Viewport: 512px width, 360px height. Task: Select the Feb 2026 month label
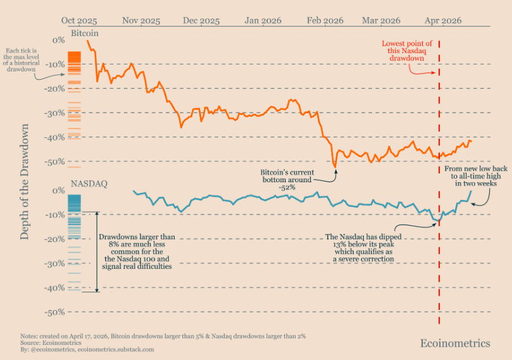[325, 20]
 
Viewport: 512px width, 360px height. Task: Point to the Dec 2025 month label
[201, 20]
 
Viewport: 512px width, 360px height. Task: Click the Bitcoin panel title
[84, 32]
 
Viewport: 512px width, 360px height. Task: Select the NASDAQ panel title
[89, 183]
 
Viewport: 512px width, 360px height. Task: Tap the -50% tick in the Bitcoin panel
[57, 161]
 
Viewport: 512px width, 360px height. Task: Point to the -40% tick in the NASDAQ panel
[57, 288]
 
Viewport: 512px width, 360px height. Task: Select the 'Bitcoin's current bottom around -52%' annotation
[286, 180]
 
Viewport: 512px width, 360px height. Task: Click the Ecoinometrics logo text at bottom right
[455, 344]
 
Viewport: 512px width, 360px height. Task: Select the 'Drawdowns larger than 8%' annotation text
[137, 252]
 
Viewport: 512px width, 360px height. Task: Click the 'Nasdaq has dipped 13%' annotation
[359, 248]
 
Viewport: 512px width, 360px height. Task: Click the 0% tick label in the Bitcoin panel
[59, 40]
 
